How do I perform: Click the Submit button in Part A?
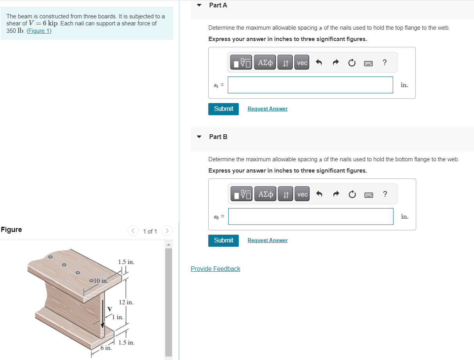pos(224,109)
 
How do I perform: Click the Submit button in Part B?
pos(224,241)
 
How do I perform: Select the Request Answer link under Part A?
pos(267,109)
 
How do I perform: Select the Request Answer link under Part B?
pos(267,241)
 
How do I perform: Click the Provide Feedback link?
pos(215,269)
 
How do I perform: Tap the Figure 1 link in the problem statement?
pos(39,31)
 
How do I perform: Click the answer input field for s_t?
pos(310,85)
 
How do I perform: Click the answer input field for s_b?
pos(311,216)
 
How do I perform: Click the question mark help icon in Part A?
pos(385,62)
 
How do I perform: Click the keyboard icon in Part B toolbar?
pos(368,194)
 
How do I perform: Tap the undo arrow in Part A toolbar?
pos(318,63)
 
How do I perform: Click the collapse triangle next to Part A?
pos(199,5)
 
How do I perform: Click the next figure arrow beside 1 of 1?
pos(166,231)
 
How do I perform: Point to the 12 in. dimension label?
pos(126,302)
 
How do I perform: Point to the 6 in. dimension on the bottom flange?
pos(106,348)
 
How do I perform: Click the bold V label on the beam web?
pos(109,309)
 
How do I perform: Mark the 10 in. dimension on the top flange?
pos(101,280)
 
